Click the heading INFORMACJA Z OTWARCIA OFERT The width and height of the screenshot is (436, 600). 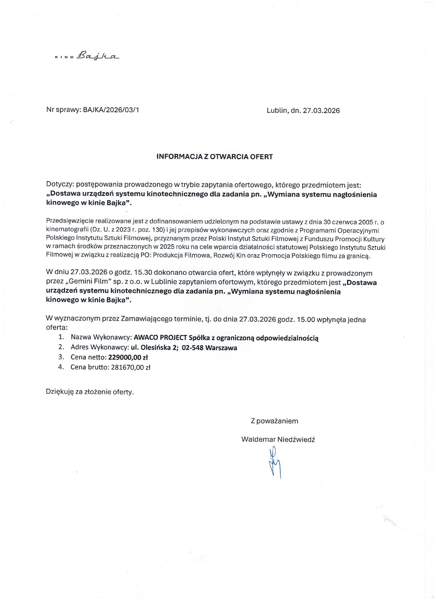coord(214,157)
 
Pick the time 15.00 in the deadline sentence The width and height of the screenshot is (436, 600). coord(306,320)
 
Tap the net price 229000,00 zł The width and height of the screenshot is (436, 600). coord(128,358)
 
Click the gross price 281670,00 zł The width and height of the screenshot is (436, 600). coord(129,367)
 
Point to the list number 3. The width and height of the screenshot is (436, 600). coord(61,358)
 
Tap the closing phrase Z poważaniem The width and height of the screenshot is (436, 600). coord(274,421)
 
